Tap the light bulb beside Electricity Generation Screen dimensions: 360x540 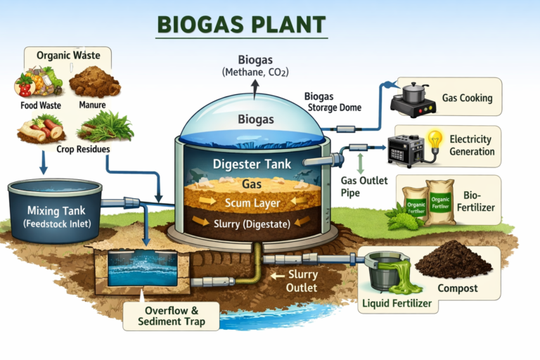click(437, 139)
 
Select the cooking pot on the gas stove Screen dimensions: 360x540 click(416, 92)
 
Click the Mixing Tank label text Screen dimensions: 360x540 click(52, 211)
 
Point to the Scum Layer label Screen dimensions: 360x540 click(252, 202)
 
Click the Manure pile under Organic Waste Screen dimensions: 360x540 click(94, 82)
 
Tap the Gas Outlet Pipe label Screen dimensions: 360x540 click(364, 186)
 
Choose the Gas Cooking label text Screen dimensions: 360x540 click(467, 98)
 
